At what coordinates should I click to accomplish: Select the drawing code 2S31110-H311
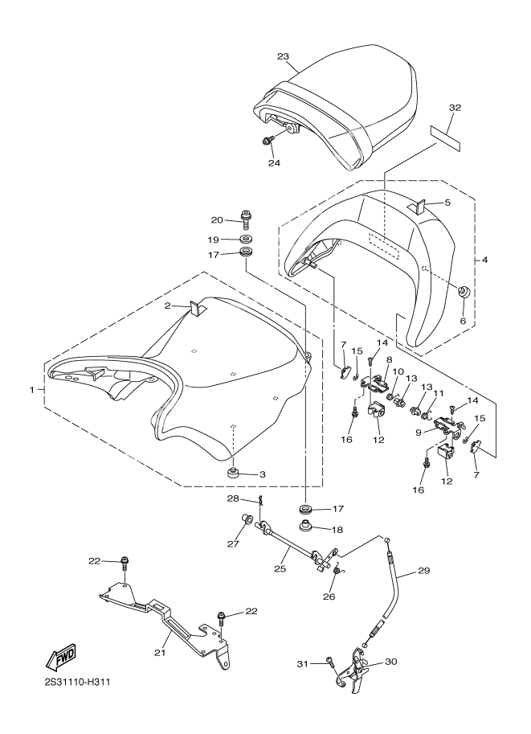[x=78, y=684]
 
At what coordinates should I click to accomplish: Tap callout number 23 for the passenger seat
[x=283, y=56]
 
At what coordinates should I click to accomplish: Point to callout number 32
[x=455, y=108]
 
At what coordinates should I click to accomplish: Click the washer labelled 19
[x=245, y=240]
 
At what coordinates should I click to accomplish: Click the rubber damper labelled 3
[x=233, y=471]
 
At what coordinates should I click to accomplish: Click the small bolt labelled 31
[x=330, y=662]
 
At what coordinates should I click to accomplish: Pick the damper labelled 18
[x=305, y=529]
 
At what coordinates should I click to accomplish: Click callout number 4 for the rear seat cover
[x=485, y=260]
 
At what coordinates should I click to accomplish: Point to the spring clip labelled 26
[x=339, y=572]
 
